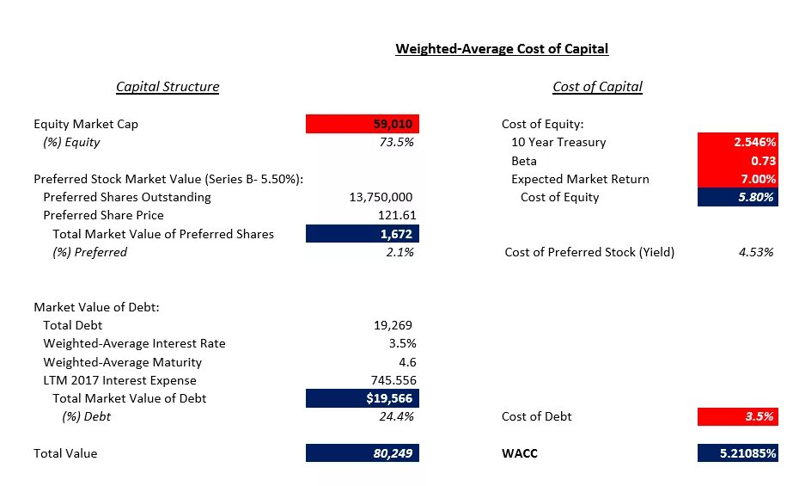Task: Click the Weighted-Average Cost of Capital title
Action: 502,49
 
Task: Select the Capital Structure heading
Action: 168,87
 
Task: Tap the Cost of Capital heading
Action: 597,87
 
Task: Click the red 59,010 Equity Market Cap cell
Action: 363,124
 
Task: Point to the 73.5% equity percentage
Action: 396,142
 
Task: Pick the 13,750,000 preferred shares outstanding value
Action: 381,197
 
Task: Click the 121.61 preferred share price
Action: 395,215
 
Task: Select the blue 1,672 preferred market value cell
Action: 363,233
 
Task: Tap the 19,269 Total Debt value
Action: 393,325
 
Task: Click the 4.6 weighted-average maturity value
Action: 406,362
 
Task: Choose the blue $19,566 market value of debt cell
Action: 363,398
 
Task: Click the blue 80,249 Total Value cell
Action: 363,453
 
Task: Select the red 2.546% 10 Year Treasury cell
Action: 738,142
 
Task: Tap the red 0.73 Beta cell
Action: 738,161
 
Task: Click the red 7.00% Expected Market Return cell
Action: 738,179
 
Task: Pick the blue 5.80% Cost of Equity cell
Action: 738,197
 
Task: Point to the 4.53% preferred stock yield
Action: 756,252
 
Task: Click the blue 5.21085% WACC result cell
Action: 738,453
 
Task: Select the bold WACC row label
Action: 519,453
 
